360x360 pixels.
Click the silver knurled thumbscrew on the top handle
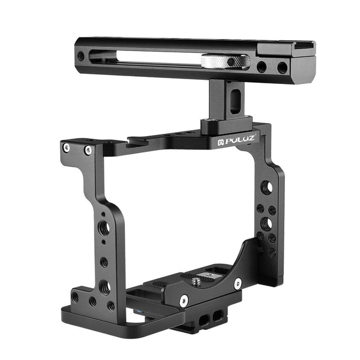[x=226, y=61]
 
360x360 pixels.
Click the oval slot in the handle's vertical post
[x=234, y=95]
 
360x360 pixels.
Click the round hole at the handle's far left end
[x=81, y=56]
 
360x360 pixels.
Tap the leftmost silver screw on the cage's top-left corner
[x=67, y=147]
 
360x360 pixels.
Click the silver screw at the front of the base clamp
[x=184, y=299]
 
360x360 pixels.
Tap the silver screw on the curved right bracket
[x=238, y=282]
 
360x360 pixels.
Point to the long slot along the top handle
[x=150, y=58]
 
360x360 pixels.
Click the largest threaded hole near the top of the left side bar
[x=104, y=228]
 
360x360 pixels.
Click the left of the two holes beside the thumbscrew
[x=262, y=67]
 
